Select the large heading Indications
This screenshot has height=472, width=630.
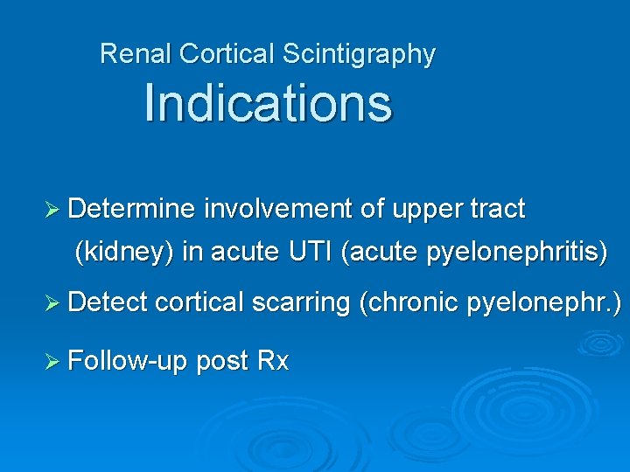pyautogui.click(x=268, y=102)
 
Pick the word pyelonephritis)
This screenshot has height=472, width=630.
pyautogui.click(x=517, y=253)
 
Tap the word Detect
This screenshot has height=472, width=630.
pyautogui.click(x=108, y=302)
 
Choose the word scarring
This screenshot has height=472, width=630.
pyautogui.click(x=301, y=302)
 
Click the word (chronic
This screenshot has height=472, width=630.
pyautogui.click(x=409, y=302)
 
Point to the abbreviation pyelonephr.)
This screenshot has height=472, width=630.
pyautogui.click(x=544, y=302)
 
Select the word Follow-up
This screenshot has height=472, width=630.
pyautogui.click(x=128, y=360)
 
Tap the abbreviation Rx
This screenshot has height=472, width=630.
pyautogui.click(x=273, y=360)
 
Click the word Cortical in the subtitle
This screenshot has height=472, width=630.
pyautogui.click(x=227, y=54)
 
